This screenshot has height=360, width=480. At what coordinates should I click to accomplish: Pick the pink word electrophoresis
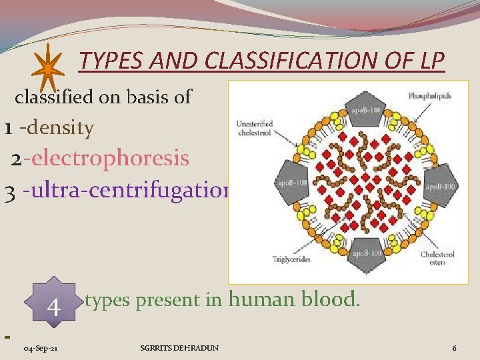109,159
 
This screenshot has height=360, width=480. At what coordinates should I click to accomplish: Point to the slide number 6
454,348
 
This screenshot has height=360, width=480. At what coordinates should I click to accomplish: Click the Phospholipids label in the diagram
430,96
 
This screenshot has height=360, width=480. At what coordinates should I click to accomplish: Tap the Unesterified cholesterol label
253,127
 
